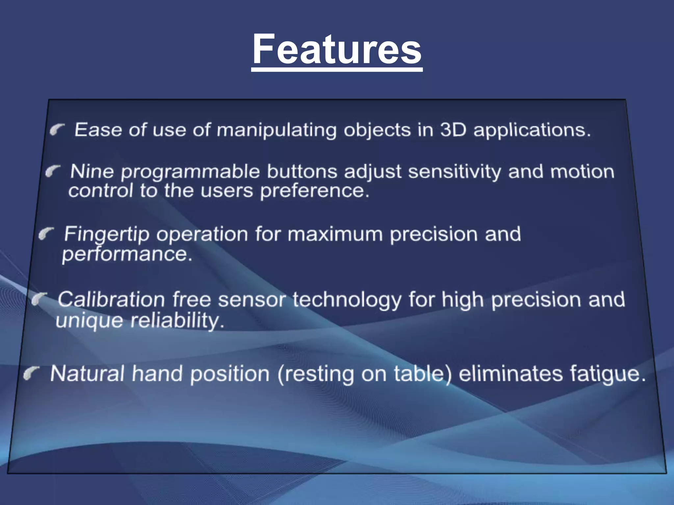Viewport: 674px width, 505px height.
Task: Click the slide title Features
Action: tap(337, 49)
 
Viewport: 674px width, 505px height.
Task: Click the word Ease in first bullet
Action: tap(98, 130)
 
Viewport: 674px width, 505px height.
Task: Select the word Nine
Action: tap(92, 171)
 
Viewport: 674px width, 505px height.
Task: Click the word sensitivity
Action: tap(454, 172)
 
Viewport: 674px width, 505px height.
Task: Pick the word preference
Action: tap(314, 191)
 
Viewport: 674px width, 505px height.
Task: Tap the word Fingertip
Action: tap(107, 235)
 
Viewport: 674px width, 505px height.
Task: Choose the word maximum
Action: tap(335, 234)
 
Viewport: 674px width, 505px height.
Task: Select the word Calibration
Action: tap(111, 300)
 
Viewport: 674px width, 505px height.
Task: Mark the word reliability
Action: tap(177, 320)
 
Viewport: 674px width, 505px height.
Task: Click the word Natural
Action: tap(87, 374)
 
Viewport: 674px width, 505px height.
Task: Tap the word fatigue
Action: tap(608, 374)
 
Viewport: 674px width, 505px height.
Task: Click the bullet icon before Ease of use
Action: tap(57, 130)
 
